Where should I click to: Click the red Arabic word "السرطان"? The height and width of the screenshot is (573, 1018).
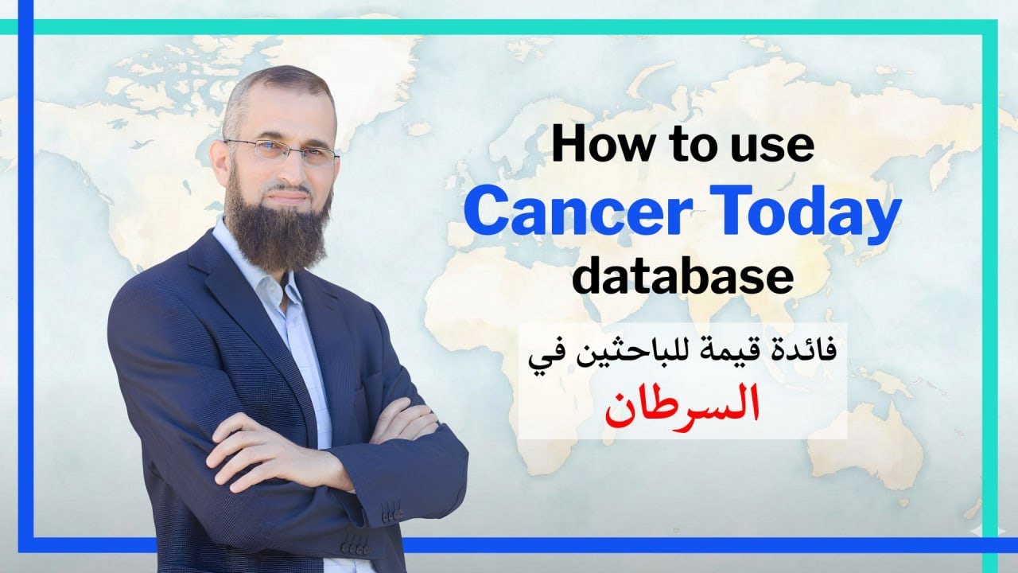(x=682, y=405)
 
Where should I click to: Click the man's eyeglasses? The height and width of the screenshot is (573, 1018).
(x=282, y=150)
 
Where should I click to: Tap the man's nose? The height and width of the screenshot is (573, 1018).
(x=293, y=169)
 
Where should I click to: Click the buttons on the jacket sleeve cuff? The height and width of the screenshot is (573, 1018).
(x=356, y=548)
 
